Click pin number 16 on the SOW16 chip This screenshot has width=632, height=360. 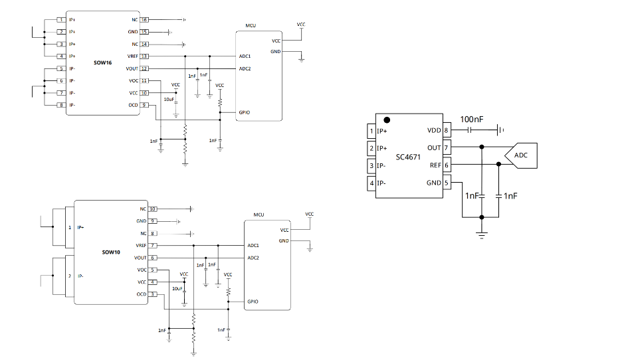[x=144, y=20]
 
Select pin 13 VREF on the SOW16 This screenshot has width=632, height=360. [x=144, y=56]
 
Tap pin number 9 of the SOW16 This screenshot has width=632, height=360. [x=144, y=105]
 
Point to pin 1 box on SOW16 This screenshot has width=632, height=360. [x=61, y=20]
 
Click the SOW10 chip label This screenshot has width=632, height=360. [x=111, y=253]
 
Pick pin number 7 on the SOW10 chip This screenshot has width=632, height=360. [x=153, y=246]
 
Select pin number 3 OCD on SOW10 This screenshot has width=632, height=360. [x=153, y=294]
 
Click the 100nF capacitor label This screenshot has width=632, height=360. [x=471, y=119]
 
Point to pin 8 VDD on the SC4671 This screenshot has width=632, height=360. [x=447, y=130]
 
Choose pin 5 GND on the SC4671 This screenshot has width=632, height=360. [x=447, y=183]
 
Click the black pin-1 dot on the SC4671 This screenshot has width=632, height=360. [x=386, y=120]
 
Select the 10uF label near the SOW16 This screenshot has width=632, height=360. [x=169, y=100]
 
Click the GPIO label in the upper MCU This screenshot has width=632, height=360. [x=244, y=112]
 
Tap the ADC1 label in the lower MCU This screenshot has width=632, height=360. [x=253, y=245]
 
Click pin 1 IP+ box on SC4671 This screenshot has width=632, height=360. [x=372, y=131]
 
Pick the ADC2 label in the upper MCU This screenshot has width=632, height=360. [x=245, y=68]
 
